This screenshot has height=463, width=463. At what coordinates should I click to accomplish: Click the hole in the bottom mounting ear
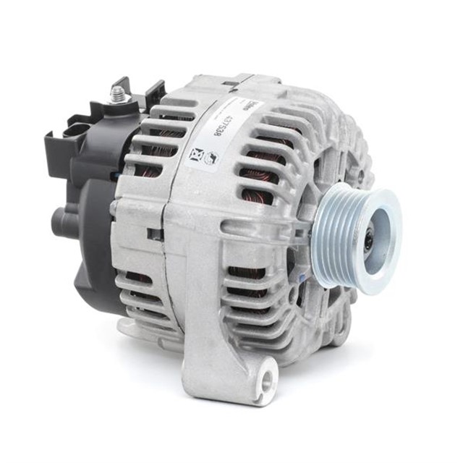pos(268,377)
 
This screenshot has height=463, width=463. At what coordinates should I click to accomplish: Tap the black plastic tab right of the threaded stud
pos(153,92)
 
